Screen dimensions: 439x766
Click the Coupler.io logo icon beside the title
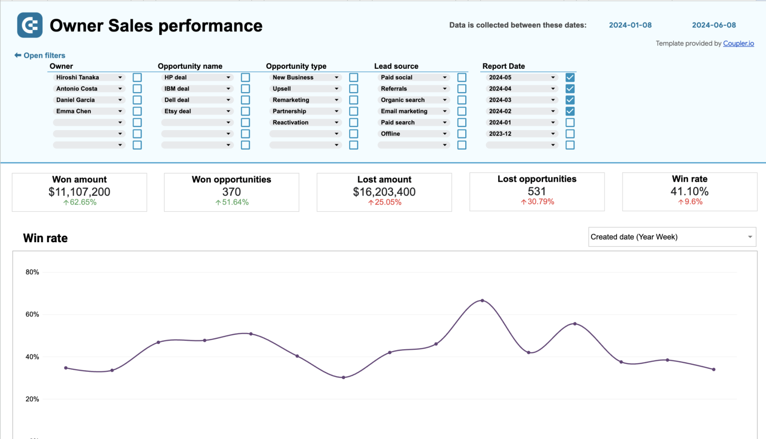tap(29, 25)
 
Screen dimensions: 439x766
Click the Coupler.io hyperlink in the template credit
tap(738, 43)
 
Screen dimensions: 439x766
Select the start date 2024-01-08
tap(630, 25)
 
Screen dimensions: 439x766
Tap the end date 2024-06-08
tap(714, 25)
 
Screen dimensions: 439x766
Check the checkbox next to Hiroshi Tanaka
tap(137, 77)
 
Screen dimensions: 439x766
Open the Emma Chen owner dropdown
tap(89, 111)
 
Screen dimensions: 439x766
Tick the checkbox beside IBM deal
tap(245, 89)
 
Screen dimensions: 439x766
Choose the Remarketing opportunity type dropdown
tap(305, 100)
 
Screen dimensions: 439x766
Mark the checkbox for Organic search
tap(462, 100)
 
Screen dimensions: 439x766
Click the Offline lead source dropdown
tap(413, 134)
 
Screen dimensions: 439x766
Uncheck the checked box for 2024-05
tap(570, 77)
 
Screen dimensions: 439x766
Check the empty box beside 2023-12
tap(570, 134)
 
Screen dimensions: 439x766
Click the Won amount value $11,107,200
tap(79, 192)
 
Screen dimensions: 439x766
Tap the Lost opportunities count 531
tap(537, 191)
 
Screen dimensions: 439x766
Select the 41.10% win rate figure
tap(689, 191)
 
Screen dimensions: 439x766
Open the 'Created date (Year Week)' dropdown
tap(672, 237)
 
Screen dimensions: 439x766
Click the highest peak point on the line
tap(482, 300)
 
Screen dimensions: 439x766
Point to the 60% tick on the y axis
tap(32, 314)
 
